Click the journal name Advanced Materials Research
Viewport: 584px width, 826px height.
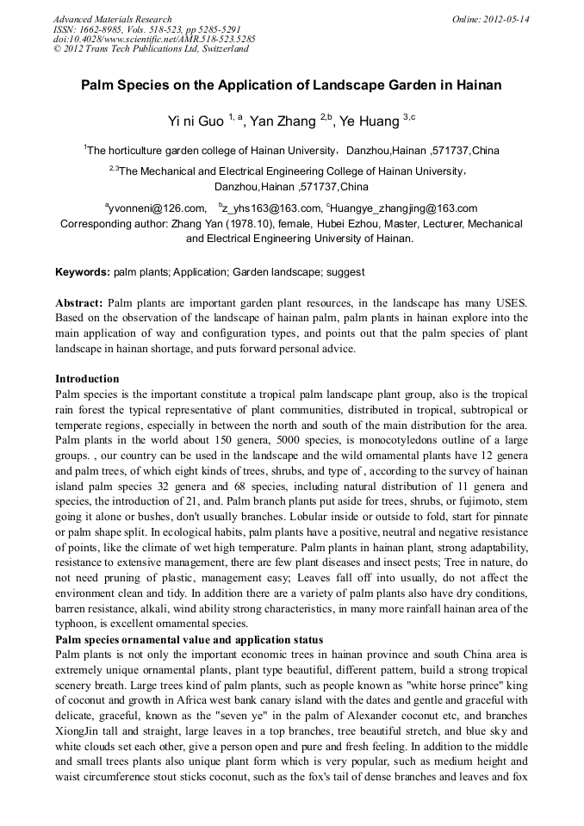pos(112,19)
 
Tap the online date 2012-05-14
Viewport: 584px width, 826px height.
pos(503,19)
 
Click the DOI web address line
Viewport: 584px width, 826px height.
pos(154,40)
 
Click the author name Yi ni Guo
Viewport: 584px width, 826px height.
pos(196,121)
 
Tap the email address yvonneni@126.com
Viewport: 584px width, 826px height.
pos(158,208)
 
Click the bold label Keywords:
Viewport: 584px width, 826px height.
pos(83,272)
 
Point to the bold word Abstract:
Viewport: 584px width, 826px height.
pos(79,303)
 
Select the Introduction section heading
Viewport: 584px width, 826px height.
pos(87,379)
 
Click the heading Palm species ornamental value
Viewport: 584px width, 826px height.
pos(189,640)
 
